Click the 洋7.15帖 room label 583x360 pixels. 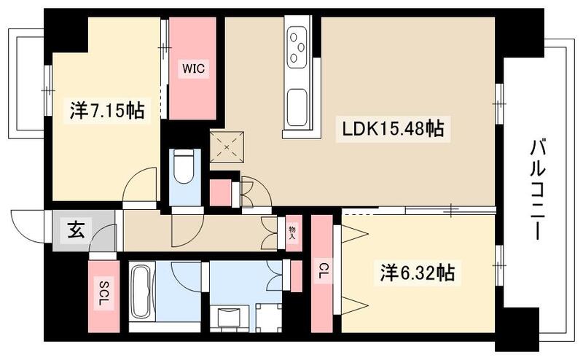(x=106, y=111)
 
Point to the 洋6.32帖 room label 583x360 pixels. (x=417, y=274)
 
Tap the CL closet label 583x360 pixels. (x=321, y=271)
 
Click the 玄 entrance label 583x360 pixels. (x=75, y=231)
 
